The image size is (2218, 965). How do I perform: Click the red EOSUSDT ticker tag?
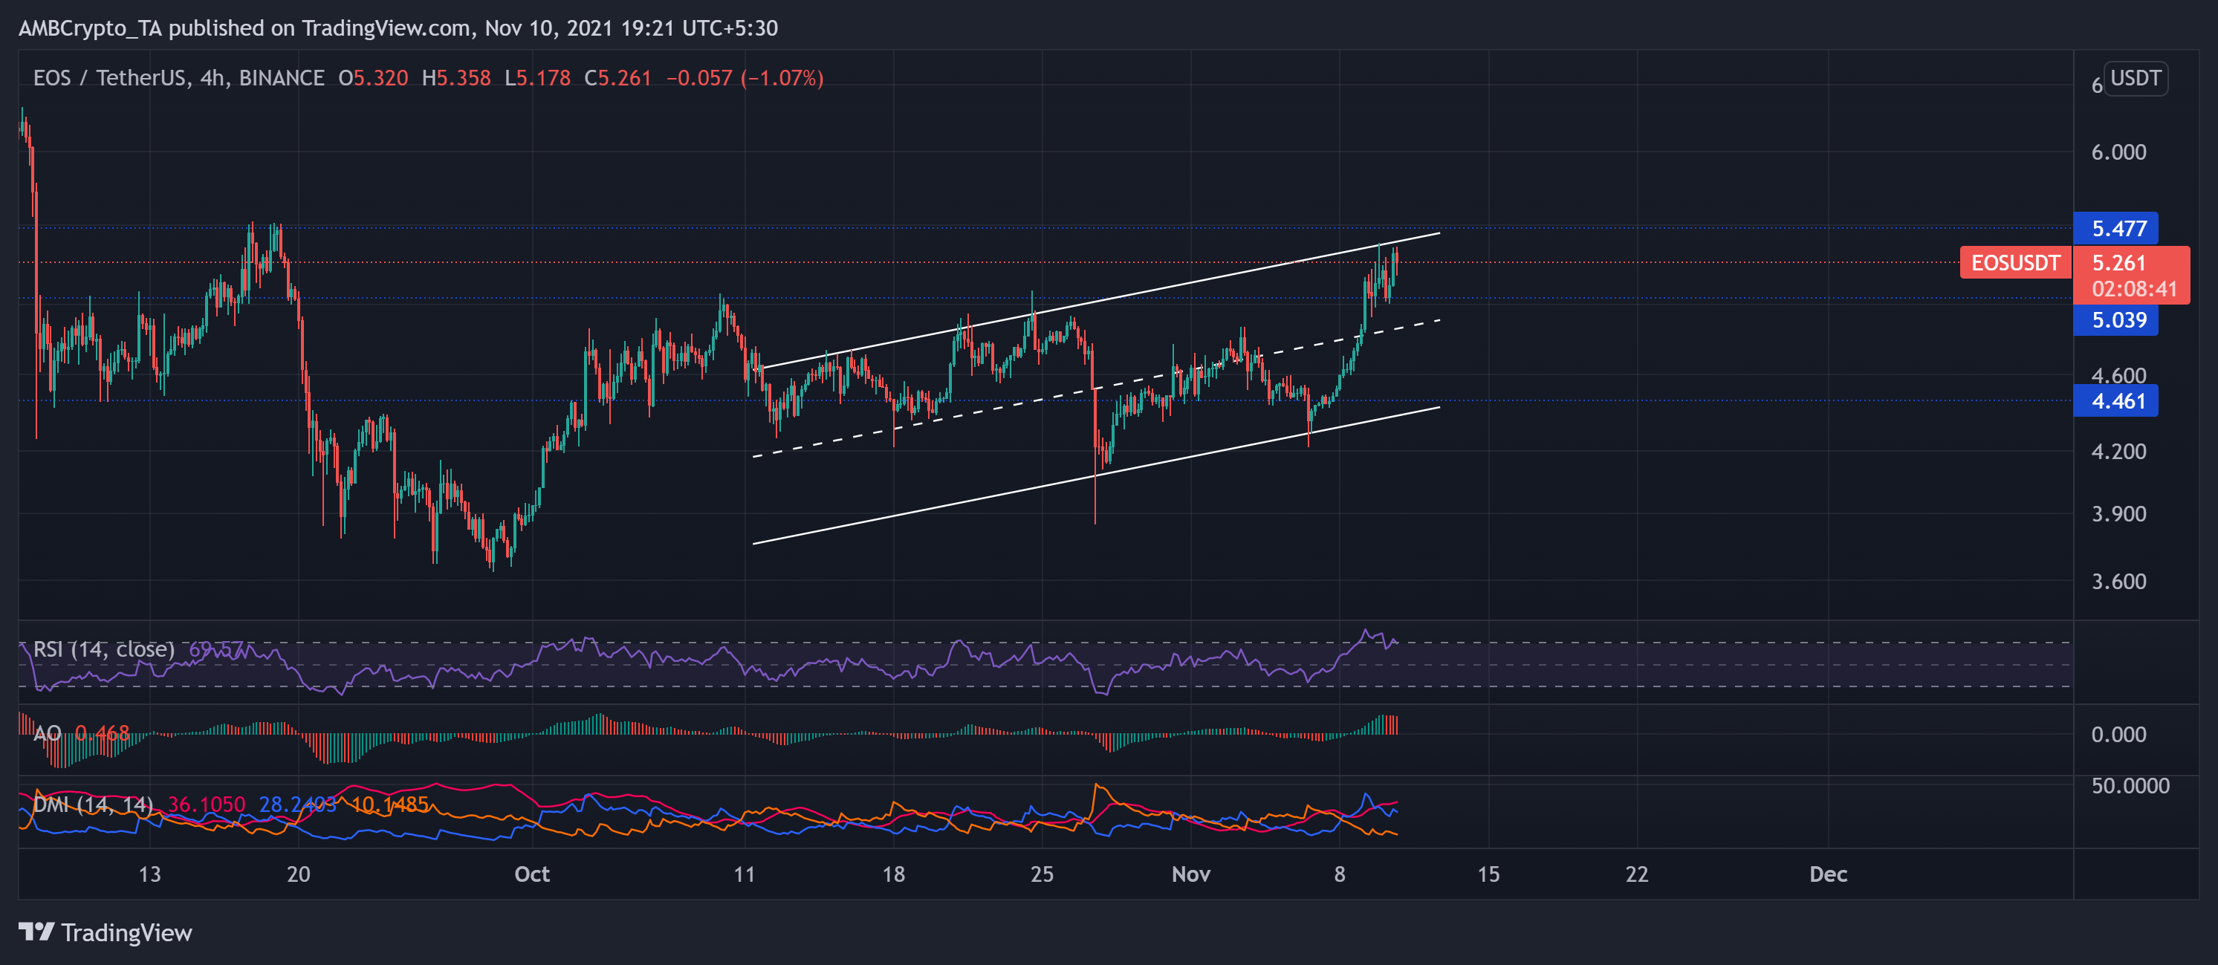pyautogui.click(x=2015, y=262)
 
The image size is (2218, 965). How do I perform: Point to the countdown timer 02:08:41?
pyautogui.click(x=2133, y=289)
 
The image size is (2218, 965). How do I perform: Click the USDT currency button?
pyautogui.click(x=2135, y=78)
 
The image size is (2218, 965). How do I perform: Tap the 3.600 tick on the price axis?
pyautogui.click(x=2118, y=582)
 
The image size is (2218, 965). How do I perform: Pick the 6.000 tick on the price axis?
pyautogui.click(x=2118, y=152)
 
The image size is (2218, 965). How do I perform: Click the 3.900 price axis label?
pyautogui.click(x=2118, y=514)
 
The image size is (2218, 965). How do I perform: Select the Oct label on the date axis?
pyautogui.click(x=531, y=874)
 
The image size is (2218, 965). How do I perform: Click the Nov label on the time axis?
pyautogui.click(x=1191, y=874)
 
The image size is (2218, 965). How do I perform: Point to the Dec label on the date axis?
pyautogui.click(x=1827, y=874)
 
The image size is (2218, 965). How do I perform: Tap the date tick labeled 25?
pyautogui.click(x=1042, y=874)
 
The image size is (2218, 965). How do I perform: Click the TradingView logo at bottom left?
pyautogui.click(x=105, y=932)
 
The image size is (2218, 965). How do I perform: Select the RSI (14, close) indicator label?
pyautogui.click(x=103, y=649)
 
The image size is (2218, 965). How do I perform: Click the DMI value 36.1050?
pyautogui.click(x=207, y=805)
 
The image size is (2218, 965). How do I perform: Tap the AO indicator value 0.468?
pyautogui.click(x=103, y=733)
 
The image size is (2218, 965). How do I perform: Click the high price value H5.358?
pyautogui.click(x=456, y=78)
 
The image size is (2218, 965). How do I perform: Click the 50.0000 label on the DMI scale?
pyautogui.click(x=2130, y=785)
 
